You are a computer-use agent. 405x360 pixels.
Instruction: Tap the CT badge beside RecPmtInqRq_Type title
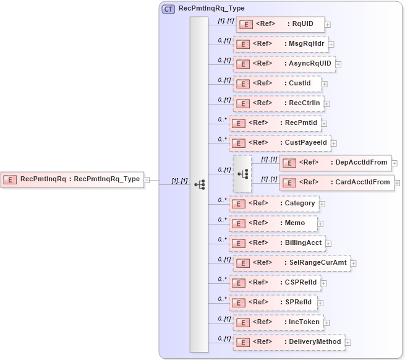(168, 9)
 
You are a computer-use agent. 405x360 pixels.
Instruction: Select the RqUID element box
(280, 25)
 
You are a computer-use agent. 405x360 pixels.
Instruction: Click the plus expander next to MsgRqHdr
(331, 45)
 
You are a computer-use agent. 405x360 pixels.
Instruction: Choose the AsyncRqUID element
(284, 64)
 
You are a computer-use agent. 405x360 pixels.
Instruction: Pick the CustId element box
(277, 84)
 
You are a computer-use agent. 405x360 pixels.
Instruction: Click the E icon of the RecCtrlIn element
(243, 103)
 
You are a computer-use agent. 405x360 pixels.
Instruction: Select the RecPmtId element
(275, 123)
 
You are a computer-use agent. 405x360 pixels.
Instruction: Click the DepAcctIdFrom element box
(335, 163)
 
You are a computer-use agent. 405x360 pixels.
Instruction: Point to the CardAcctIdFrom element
(336, 182)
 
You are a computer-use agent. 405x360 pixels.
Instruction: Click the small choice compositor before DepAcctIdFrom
(242, 174)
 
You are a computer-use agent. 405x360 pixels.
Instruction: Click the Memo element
(272, 223)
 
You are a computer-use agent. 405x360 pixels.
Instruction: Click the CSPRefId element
(275, 283)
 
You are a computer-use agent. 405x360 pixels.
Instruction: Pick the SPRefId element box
(273, 302)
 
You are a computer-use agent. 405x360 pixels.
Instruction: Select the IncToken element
(278, 322)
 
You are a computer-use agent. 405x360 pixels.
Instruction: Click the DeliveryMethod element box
(289, 342)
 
